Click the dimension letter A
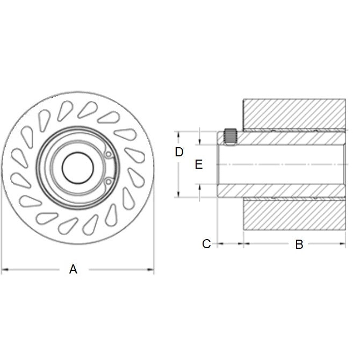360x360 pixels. (74, 269)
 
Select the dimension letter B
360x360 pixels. (299, 244)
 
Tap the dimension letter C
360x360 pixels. (206, 244)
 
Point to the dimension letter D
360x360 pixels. (179, 152)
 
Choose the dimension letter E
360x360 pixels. (198, 164)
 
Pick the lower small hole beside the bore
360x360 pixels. (108, 181)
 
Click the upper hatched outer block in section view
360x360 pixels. (294, 114)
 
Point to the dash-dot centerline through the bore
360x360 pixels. (279, 164)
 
